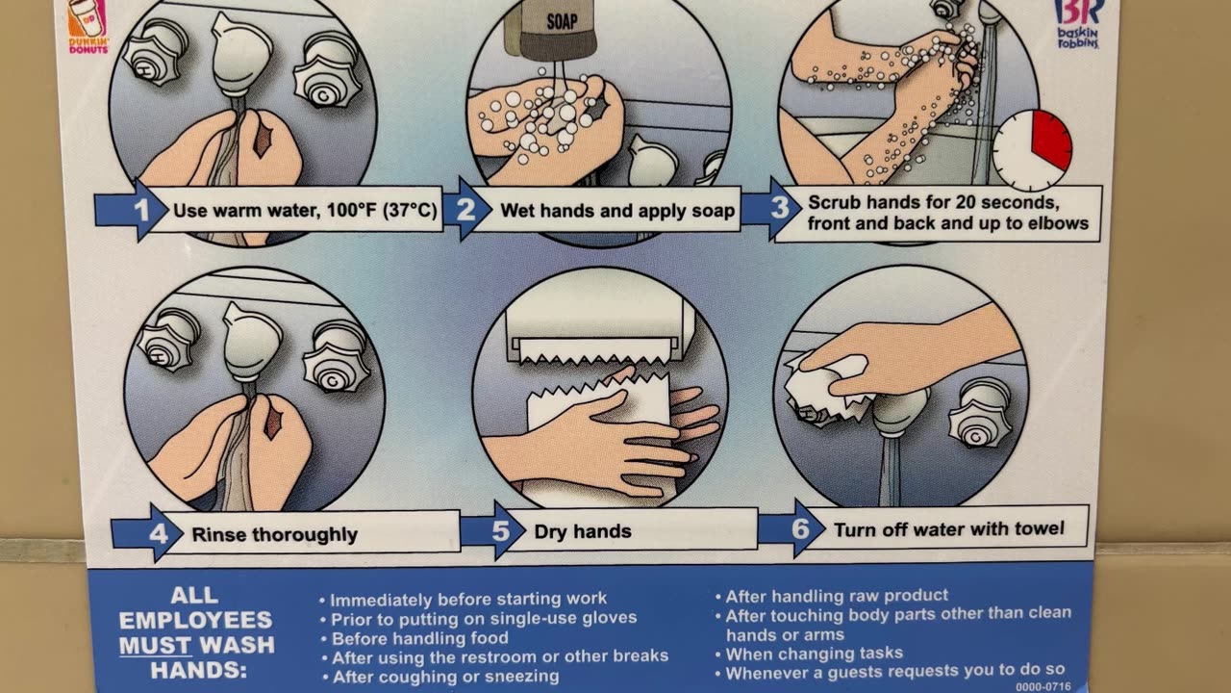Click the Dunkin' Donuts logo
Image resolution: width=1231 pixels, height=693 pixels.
pyautogui.click(x=88, y=26)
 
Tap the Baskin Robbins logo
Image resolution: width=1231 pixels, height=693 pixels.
pyautogui.click(x=1078, y=24)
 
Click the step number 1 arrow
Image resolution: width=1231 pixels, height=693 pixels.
pyautogui.click(x=132, y=210)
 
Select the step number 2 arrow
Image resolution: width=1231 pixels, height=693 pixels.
pyautogui.click(x=467, y=209)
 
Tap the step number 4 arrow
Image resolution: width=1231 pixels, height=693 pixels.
pyautogui.click(x=147, y=533)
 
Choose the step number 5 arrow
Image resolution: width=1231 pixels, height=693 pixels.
pyautogui.click(x=493, y=530)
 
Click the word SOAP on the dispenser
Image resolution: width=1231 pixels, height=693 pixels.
pyautogui.click(x=562, y=21)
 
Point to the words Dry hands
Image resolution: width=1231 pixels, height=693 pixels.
pyautogui.click(x=583, y=531)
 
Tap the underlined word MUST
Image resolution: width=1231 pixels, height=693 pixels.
pyautogui.click(x=155, y=645)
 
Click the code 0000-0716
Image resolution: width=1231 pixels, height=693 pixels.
pyautogui.click(x=1043, y=687)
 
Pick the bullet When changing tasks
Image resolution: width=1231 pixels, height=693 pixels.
pyautogui.click(x=809, y=654)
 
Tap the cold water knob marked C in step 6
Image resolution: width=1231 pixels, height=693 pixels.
pyautogui.click(x=980, y=413)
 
